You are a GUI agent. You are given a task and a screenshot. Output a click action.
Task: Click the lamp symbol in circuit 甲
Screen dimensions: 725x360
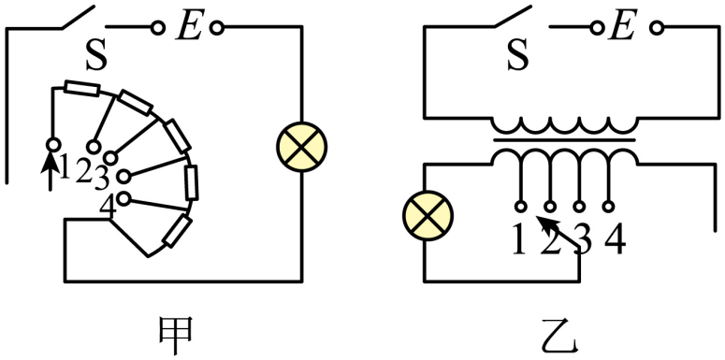tap(301, 148)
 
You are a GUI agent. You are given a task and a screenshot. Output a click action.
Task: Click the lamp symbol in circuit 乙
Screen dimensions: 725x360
tap(428, 216)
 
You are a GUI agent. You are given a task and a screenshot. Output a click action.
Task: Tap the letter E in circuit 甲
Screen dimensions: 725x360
tap(189, 29)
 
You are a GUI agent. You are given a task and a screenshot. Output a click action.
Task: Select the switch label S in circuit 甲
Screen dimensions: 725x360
tap(97, 57)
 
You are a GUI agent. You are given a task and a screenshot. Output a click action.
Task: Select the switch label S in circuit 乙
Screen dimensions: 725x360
tap(518, 57)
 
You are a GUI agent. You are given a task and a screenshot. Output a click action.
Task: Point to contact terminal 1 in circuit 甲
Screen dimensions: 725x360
tap(53, 145)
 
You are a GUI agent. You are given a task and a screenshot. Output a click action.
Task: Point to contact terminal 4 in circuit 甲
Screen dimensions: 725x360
tap(123, 199)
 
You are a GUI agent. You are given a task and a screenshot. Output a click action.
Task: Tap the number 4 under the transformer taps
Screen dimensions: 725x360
tap(615, 241)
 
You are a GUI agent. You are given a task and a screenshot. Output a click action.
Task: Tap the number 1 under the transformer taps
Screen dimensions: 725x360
tap(519, 241)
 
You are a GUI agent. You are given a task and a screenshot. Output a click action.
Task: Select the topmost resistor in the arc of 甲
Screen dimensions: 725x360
tap(81, 88)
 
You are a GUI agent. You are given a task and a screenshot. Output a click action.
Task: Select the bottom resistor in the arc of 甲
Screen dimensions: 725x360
tap(177, 232)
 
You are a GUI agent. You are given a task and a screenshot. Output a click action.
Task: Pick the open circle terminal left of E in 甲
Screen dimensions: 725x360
tap(158, 29)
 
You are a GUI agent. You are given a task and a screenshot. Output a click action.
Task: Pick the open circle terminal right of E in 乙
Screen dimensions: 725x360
tap(656, 29)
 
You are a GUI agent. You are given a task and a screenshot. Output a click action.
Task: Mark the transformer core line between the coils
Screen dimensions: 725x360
tap(564, 139)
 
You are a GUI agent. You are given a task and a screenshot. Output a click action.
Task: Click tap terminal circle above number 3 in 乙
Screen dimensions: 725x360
tap(579, 206)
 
